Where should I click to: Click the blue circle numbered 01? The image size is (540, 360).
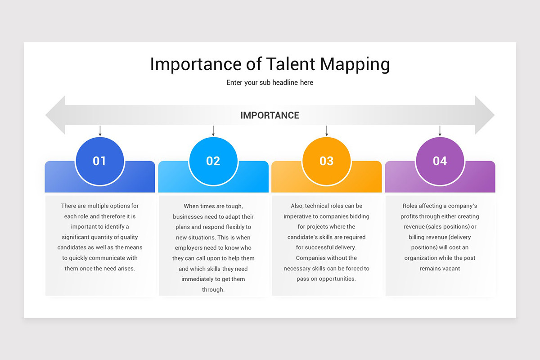pos(99,161)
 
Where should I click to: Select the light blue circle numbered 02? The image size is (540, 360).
pos(213,161)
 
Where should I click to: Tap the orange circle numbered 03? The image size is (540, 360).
pos(326,161)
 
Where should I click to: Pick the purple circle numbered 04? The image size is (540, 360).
pos(440,161)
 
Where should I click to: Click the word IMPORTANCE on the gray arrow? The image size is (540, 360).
pos(270,115)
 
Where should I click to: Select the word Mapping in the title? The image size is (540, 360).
pos(355,65)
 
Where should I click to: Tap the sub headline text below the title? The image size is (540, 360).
pos(270,82)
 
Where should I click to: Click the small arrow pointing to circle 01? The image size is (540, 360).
pos(100,131)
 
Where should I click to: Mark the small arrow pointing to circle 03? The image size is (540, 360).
pos(327,131)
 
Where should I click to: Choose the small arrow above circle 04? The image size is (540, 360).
pos(440,131)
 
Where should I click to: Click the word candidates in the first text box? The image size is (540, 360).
pos(72,247)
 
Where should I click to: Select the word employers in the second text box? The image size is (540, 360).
pos(189,247)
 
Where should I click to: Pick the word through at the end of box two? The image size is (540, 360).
pos(213,289)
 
